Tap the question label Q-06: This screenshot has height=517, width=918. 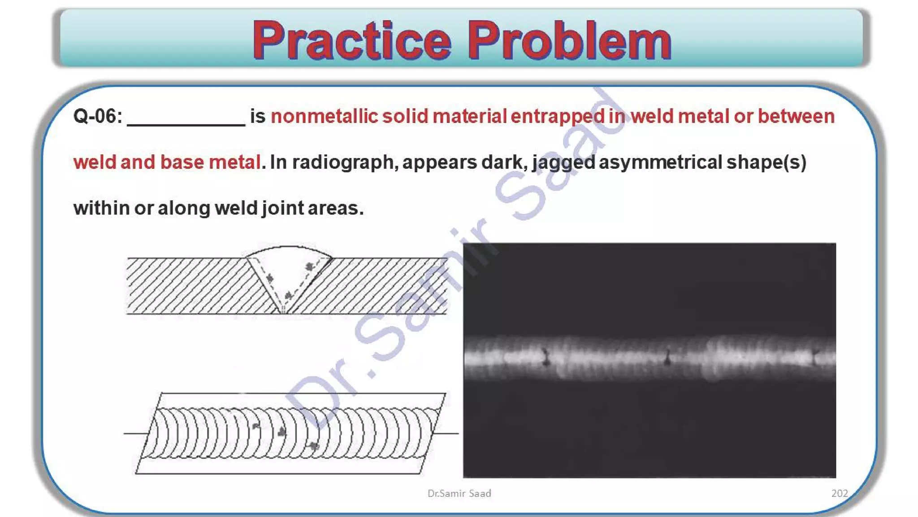click(98, 116)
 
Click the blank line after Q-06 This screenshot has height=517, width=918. click(186, 120)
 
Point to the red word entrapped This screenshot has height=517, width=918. click(558, 116)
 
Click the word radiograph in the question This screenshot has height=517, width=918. click(343, 162)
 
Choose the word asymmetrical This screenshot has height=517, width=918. click(660, 162)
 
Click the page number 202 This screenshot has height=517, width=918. click(840, 493)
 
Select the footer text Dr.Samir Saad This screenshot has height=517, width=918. click(459, 493)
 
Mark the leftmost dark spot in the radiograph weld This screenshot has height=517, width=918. click(546, 357)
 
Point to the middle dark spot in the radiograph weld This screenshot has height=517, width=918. click(667, 358)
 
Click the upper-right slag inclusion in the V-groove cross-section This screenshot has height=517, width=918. click(309, 267)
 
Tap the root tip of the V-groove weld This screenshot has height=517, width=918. click(283, 310)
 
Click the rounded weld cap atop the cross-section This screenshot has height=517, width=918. click(289, 249)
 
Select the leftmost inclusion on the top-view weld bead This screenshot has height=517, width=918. click(256, 425)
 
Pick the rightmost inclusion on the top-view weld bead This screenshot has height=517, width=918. click(314, 446)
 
